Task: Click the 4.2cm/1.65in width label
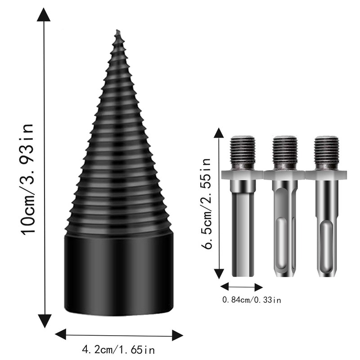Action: tap(119, 349)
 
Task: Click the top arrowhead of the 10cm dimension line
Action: tap(44, 16)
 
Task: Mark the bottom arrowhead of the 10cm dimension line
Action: tap(44, 321)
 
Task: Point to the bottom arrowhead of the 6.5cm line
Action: tap(219, 273)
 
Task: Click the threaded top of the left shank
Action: tap(243, 152)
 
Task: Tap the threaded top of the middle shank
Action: tap(284, 152)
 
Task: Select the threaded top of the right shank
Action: tap(326, 152)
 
